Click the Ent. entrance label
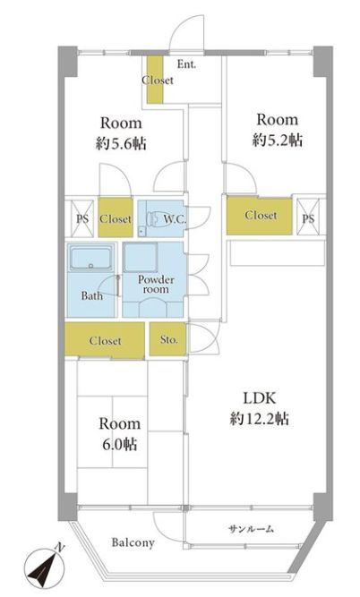pyautogui.click(x=186, y=64)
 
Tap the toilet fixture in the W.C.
pyautogui.click(x=154, y=218)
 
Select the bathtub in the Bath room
pyautogui.click(x=91, y=257)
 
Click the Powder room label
pyautogui.click(x=156, y=284)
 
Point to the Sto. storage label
pyautogui.click(x=168, y=339)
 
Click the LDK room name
pyautogui.click(x=260, y=398)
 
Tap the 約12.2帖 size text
pyautogui.click(x=260, y=418)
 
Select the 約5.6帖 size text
pyautogui.click(x=121, y=143)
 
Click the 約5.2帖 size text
pyautogui.click(x=277, y=140)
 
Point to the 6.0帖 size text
pyautogui.click(x=120, y=444)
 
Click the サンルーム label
pyautogui.click(x=251, y=528)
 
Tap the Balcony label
pyautogui.click(x=133, y=542)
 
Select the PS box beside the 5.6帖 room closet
pyautogui.click(x=82, y=218)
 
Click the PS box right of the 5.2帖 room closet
pyautogui.click(x=308, y=218)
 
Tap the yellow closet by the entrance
pyautogui.click(x=155, y=80)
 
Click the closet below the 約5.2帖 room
pyautogui.click(x=260, y=216)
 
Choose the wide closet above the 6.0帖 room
pyautogui.click(x=105, y=340)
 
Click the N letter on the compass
pyautogui.click(x=60, y=548)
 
